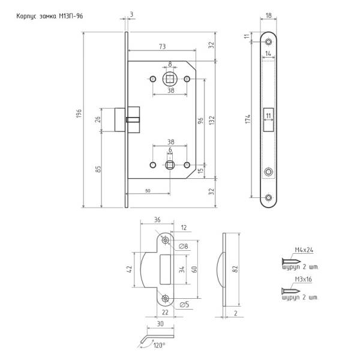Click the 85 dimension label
click(x=98, y=169)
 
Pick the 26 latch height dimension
click(x=98, y=119)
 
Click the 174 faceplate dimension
click(x=246, y=119)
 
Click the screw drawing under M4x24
click(x=290, y=262)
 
